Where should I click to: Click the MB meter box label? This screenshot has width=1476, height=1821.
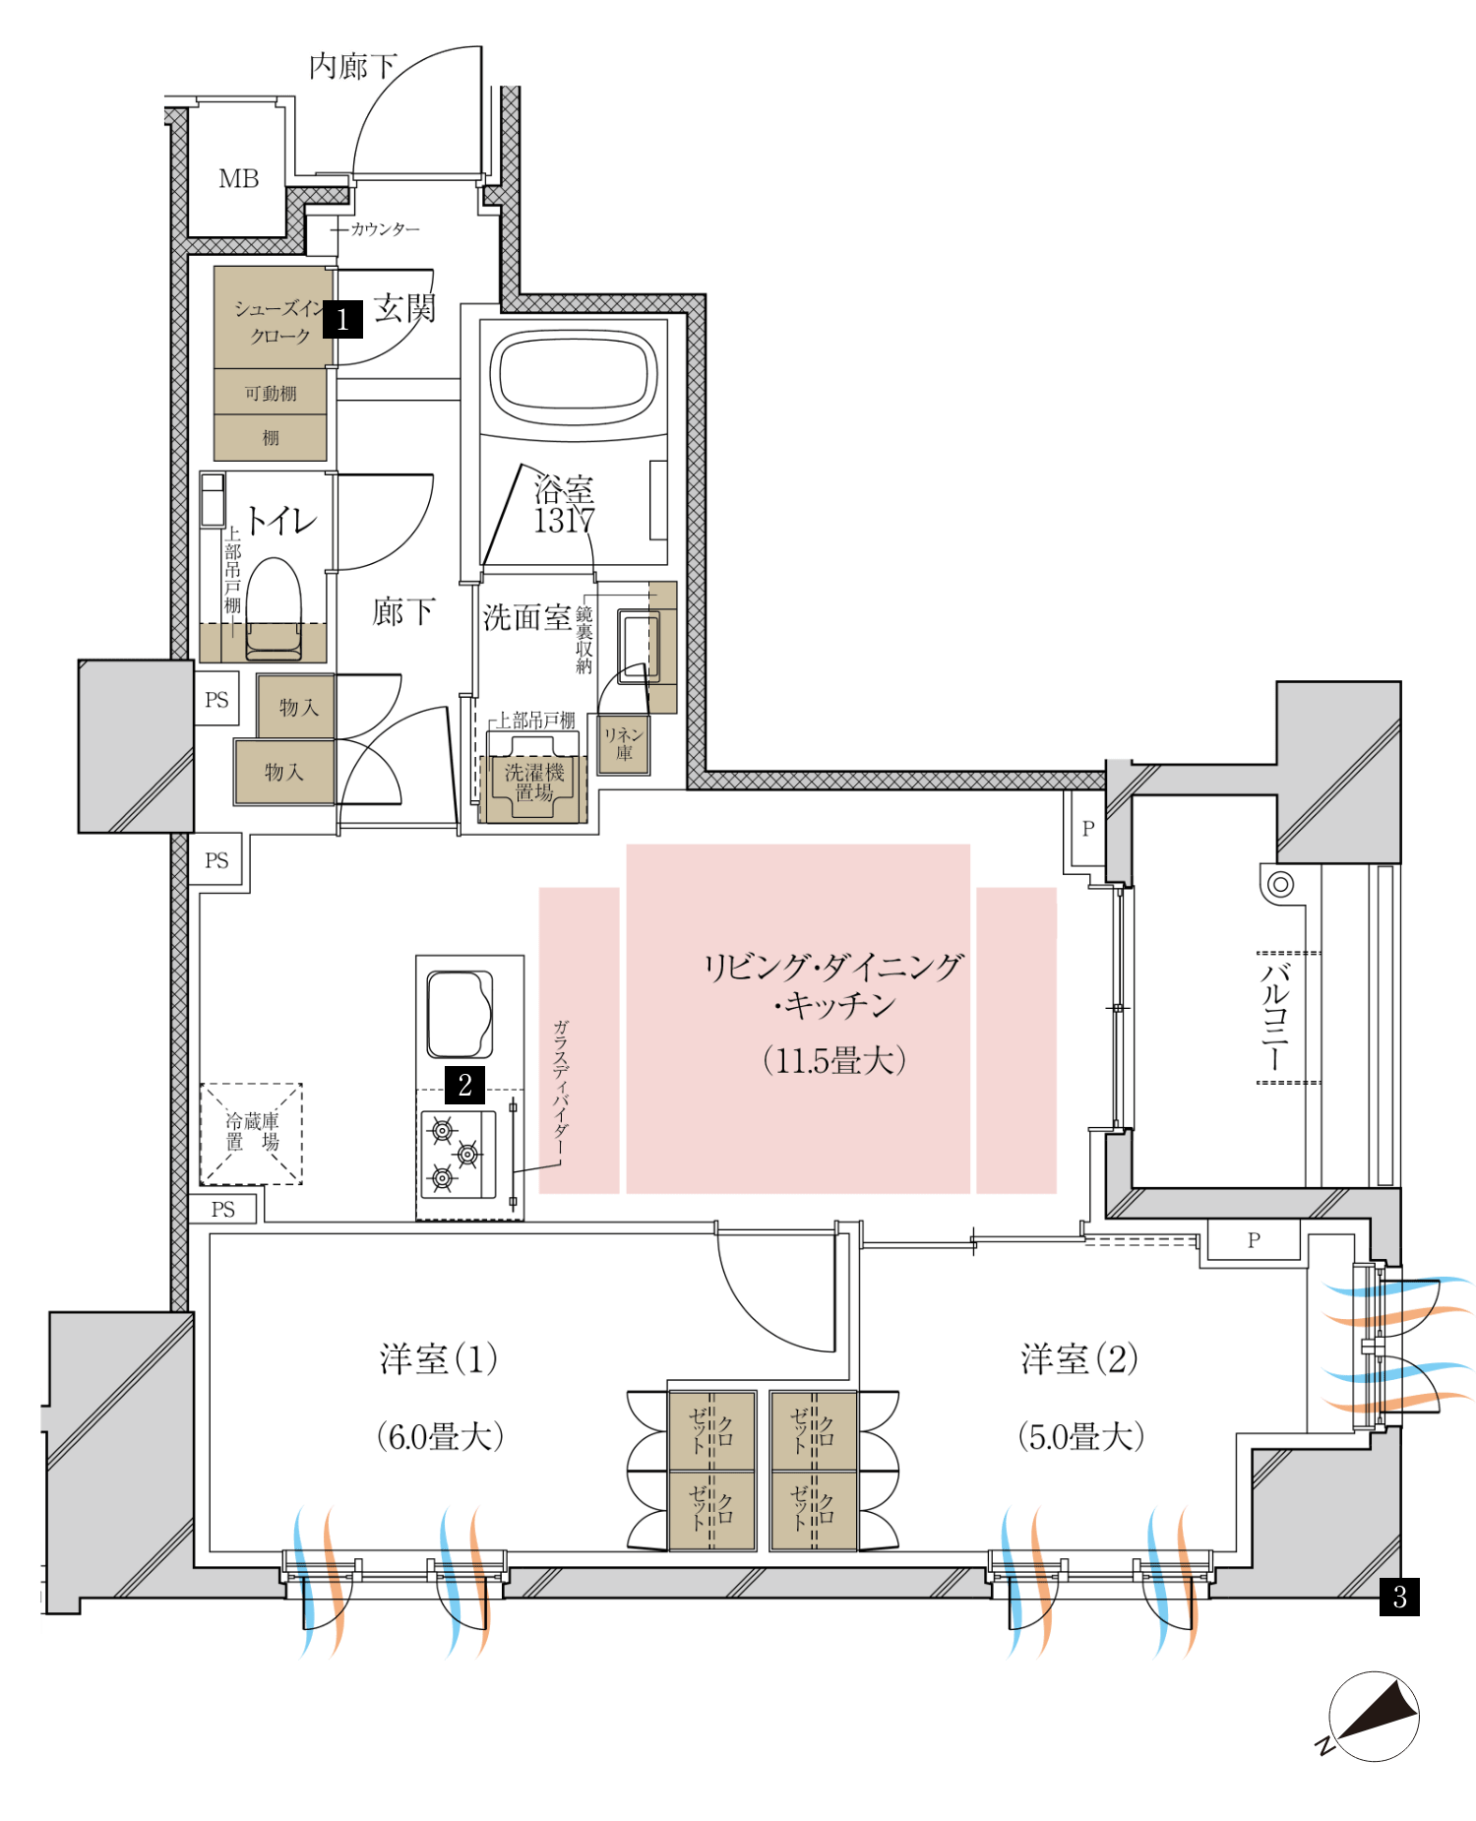238,179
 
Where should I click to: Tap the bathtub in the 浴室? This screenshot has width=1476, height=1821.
574,375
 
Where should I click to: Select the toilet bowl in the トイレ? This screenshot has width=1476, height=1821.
274,608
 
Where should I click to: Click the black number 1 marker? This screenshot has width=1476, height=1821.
342,319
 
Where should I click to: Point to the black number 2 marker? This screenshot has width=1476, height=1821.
464,1085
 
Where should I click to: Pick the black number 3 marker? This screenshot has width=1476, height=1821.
1399,1597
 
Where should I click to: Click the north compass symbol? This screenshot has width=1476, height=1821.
1372,1717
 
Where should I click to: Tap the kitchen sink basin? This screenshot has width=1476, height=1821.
460,1014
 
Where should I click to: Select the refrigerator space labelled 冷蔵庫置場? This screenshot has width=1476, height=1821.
252,1134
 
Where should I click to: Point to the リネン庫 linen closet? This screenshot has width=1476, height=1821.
624,744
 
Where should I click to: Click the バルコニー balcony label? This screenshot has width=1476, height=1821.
1275,1016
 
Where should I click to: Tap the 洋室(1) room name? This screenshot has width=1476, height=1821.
439,1358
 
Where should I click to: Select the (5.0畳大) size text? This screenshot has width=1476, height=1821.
1080,1437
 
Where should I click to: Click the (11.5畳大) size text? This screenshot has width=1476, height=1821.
833,1060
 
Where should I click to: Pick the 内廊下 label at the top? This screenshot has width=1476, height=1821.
352,66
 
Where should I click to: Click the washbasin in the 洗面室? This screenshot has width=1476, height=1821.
639,646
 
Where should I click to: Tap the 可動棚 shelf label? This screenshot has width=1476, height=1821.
271,393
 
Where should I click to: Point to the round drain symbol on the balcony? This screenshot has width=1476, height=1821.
1279,884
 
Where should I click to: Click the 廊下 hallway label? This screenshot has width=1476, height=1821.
403,611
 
